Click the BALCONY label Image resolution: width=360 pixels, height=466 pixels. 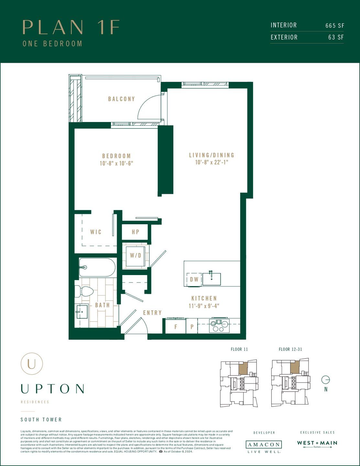click(121, 99)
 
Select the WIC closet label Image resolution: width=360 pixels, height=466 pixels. click(96, 232)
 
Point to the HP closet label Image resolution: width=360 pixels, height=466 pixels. click(136, 232)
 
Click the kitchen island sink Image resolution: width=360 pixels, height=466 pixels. click(212, 279)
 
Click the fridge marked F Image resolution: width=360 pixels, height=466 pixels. click(176, 327)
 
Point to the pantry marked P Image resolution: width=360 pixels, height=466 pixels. click(192, 327)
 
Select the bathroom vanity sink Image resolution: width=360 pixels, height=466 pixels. click(82, 312)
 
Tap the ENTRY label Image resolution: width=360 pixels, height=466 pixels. click(152, 313)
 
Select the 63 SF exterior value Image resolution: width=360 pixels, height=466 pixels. click(336, 38)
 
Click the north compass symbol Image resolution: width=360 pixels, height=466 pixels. click(326, 380)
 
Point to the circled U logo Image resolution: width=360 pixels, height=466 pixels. click(32, 364)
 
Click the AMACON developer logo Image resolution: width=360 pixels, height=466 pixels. click(264, 445)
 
